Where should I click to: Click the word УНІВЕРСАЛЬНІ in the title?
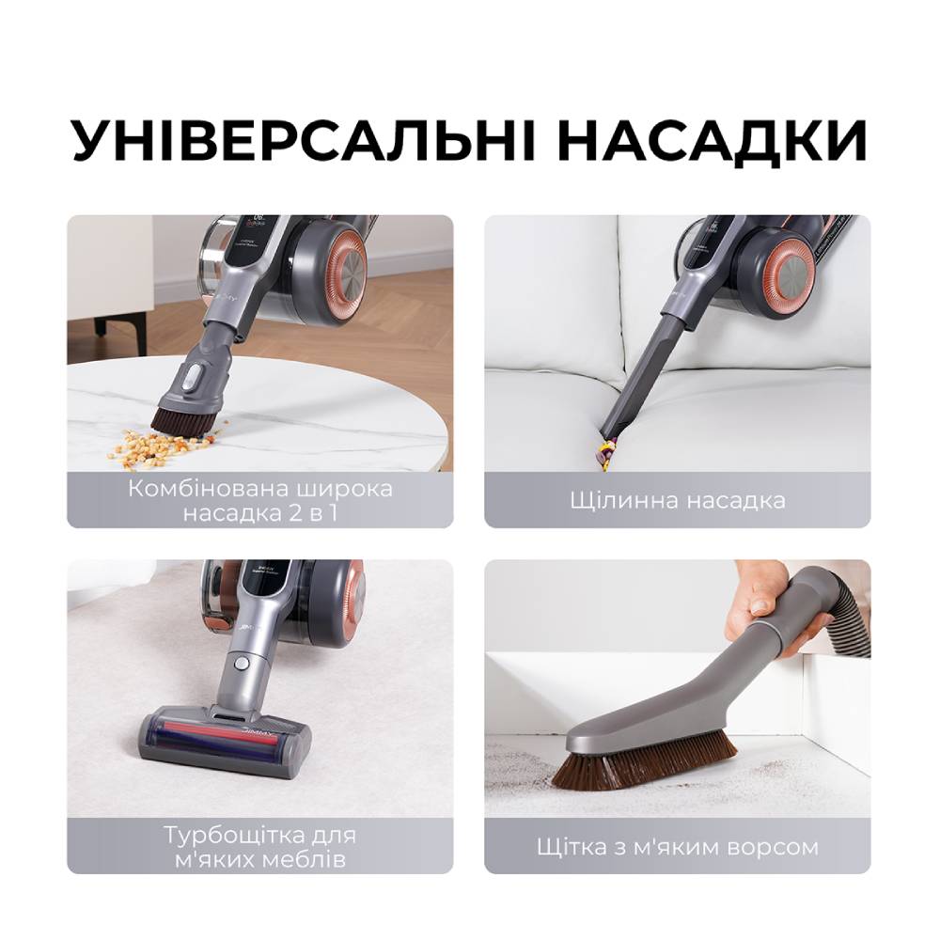(x=304, y=141)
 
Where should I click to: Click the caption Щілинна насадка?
(x=677, y=499)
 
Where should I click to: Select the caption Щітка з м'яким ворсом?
(x=677, y=847)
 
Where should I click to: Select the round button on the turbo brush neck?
(x=242, y=663)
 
